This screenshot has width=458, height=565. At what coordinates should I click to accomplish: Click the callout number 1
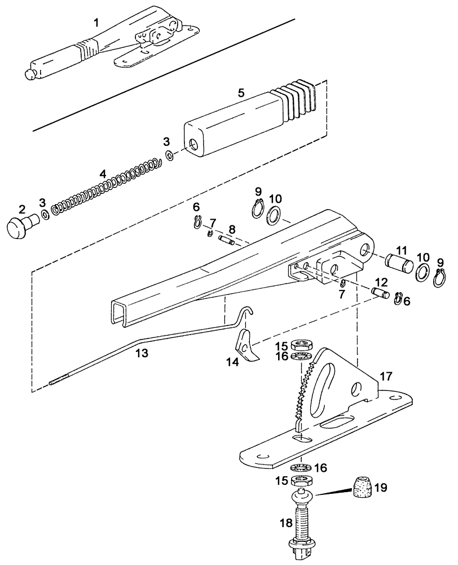[96, 23]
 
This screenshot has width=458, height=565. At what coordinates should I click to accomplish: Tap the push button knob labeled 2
[18, 229]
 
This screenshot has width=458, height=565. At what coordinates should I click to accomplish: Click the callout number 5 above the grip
[241, 93]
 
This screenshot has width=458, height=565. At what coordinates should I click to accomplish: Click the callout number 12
[382, 281]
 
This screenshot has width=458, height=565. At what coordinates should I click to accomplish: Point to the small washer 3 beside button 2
[43, 216]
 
